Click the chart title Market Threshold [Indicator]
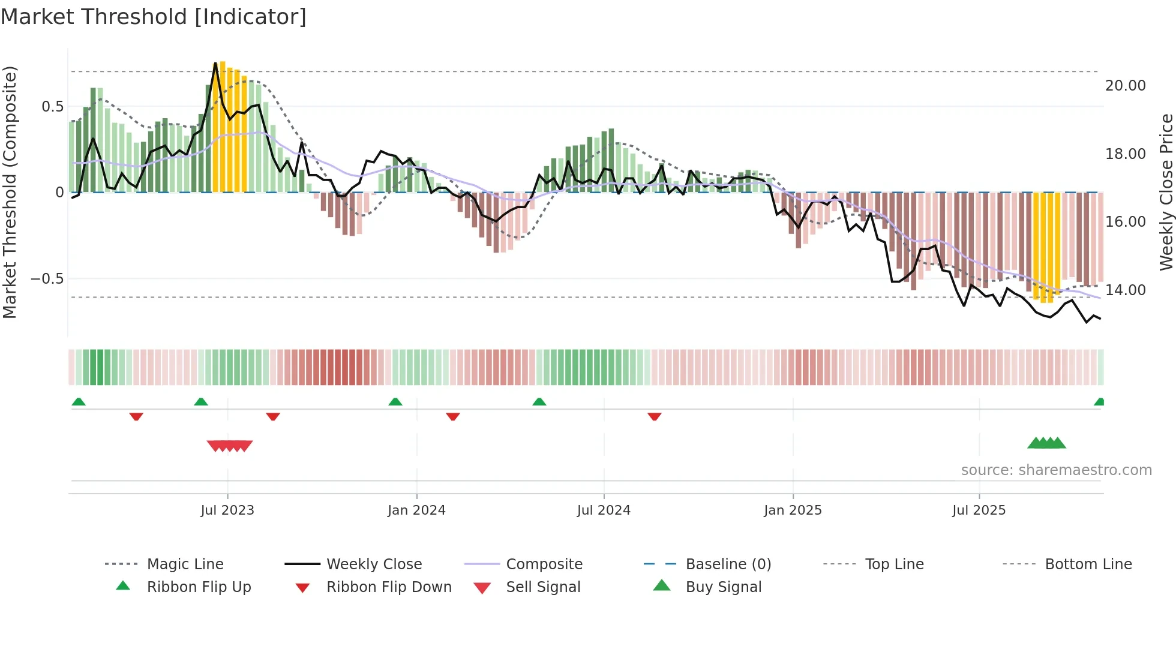point(154,17)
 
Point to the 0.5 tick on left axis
point(52,107)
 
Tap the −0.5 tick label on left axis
point(47,279)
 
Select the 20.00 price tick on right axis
point(1125,86)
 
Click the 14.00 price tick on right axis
point(1125,290)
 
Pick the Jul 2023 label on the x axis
point(227,510)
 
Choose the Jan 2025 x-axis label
point(793,510)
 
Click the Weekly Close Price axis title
point(1166,192)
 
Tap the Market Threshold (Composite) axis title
point(10,192)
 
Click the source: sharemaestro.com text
point(1056,470)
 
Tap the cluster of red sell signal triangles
point(230,446)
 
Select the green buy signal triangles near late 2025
point(1046,443)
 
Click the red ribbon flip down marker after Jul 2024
point(655,416)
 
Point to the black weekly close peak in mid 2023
point(215,64)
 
